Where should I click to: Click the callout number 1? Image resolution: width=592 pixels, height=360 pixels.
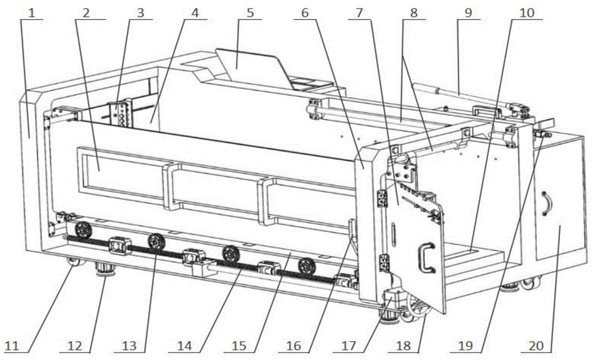coord(32,13)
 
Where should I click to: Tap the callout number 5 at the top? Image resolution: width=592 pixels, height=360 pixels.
coord(250,13)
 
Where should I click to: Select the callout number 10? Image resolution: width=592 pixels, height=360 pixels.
coord(527,13)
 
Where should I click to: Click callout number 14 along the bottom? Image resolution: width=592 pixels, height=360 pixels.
coord(184,346)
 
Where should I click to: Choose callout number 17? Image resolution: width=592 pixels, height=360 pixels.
coord(348,346)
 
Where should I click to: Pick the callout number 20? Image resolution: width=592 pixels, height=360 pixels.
coord(536,346)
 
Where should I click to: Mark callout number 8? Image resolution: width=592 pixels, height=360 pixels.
coord(414,13)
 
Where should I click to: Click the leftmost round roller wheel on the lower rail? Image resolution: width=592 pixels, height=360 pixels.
coord(83,229)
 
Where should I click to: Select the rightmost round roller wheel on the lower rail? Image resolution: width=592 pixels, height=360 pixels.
coord(306,266)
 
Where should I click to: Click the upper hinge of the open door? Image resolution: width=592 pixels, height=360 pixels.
coord(382,198)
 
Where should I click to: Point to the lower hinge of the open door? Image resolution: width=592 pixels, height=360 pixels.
coord(384,263)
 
